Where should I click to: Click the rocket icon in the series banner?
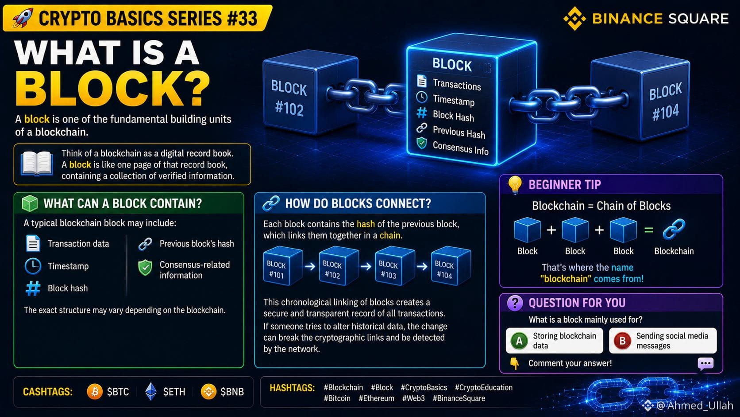pos(23,18)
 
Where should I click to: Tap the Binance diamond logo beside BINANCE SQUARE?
pos(574,18)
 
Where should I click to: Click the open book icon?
pos(37,164)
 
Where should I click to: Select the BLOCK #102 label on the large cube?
pos(289,98)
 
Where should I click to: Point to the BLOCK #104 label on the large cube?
pos(665,102)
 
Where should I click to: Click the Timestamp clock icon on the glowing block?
pos(421,97)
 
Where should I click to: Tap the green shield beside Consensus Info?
pos(421,143)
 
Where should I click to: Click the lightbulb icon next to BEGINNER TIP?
pos(515,185)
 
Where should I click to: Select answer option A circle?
pos(519,341)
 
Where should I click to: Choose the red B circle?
pos(622,341)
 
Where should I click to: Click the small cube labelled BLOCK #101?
pos(283,265)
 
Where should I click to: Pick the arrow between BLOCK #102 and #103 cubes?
pos(366,266)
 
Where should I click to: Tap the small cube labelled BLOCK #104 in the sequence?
pos(451,265)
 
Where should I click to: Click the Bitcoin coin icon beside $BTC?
pos(94,392)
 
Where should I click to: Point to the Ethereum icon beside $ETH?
pos(151,392)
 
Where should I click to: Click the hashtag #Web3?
pos(413,398)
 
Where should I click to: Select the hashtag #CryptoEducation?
pos(484,388)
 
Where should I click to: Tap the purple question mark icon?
pos(515,303)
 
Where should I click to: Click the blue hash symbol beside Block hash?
pos(33,288)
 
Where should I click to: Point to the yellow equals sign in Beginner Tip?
pos(648,230)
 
